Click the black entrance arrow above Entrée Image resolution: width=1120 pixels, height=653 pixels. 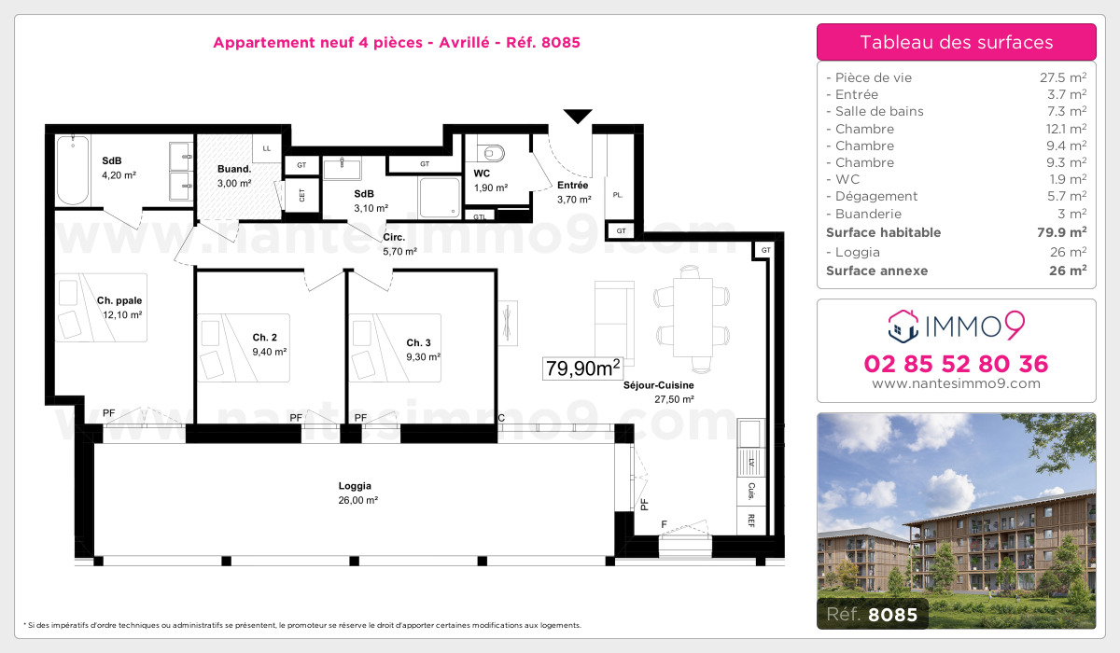coord(578,116)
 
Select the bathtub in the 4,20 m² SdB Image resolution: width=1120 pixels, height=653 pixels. coord(73,170)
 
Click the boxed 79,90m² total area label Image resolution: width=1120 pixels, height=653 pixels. coord(583,368)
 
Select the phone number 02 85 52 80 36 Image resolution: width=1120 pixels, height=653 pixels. coord(956,364)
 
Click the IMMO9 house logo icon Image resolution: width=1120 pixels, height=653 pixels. coord(903,326)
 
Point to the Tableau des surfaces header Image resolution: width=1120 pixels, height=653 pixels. coord(956,42)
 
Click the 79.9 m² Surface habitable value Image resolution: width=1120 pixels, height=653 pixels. coord(1064,232)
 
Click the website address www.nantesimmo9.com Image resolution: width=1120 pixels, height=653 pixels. coord(956,383)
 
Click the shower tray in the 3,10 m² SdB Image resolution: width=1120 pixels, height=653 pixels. coord(439,197)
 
